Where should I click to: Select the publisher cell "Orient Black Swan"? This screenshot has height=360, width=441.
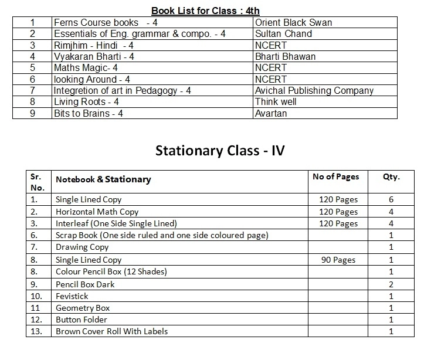pyautogui.click(x=293, y=23)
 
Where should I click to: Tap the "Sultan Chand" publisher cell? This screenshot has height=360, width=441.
pyautogui.click(x=283, y=34)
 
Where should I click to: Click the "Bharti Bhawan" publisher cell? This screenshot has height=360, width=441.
pyautogui.click(x=285, y=57)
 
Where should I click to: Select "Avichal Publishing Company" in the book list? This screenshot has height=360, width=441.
pyautogui.click(x=314, y=91)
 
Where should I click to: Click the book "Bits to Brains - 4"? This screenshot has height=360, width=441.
pyautogui.click(x=88, y=113)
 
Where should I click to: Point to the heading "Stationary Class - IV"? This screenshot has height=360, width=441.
pyautogui.click(x=220, y=151)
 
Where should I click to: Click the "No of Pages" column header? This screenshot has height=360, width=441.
pyautogui.click(x=336, y=176)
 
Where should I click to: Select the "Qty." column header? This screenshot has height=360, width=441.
pyautogui.click(x=391, y=176)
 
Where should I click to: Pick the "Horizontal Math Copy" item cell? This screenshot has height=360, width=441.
pyautogui.click(x=97, y=212)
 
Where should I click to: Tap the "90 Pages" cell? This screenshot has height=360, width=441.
pyautogui.click(x=338, y=260)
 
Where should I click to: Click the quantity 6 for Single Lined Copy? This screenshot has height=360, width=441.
pyautogui.click(x=391, y=200)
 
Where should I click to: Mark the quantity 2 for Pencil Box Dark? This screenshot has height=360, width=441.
pyautogui.click(x=391, y=284)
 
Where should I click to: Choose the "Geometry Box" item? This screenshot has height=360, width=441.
pyautogui.click(x=83, y=308)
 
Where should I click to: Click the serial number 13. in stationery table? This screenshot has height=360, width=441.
pyautogui.click(x=36, y=331)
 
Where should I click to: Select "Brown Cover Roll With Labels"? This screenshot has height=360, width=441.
pyautogui.click(x=111, y=331)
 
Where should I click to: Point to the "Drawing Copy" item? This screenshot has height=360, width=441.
pyautogui.click(x=82, y=247)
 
